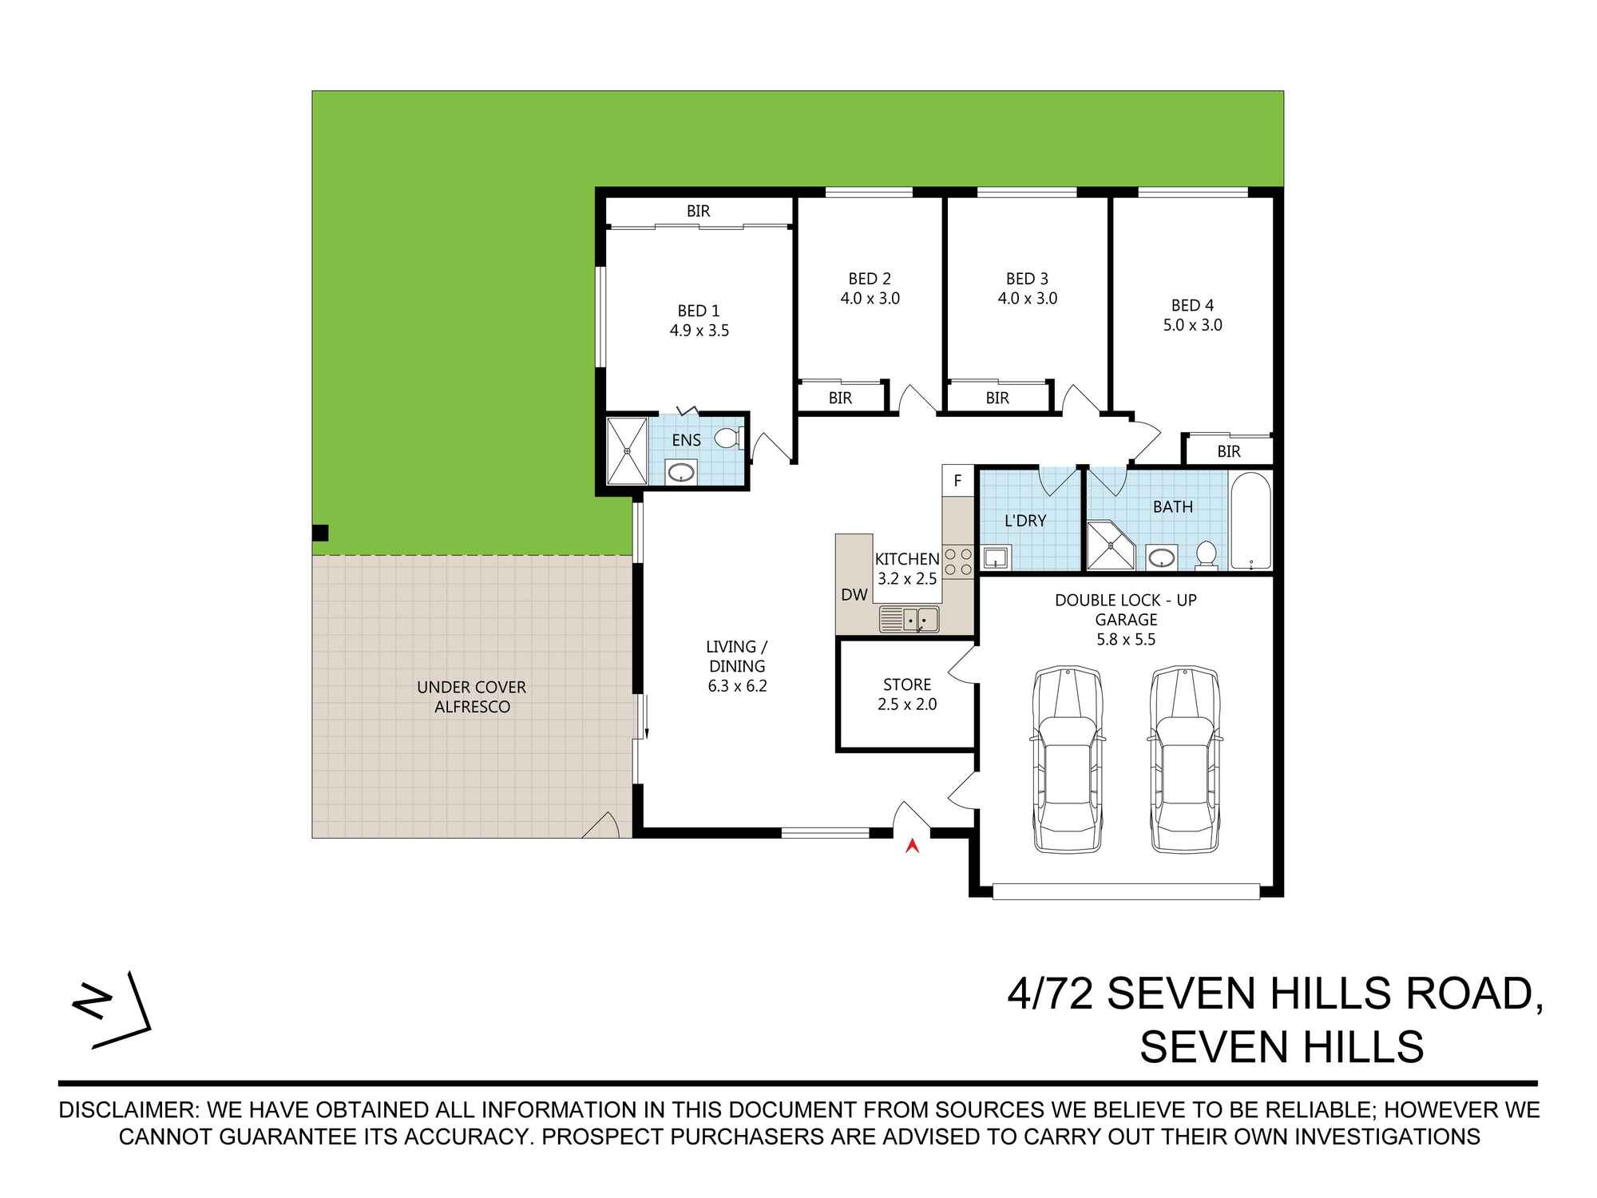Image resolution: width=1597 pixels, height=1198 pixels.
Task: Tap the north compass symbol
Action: [111, 1010]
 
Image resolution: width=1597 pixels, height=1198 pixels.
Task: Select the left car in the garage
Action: [1068, 760]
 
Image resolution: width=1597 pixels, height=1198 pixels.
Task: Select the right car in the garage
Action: [1186, 760]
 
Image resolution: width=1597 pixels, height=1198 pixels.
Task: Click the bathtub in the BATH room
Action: [1250, 521]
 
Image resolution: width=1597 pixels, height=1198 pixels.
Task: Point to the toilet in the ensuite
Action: [728, 438]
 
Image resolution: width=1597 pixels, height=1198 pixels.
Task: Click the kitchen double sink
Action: [910, 619]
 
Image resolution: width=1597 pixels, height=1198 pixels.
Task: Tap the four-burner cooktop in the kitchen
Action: [958, 561]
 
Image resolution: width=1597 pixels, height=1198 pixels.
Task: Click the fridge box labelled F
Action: [957, 481]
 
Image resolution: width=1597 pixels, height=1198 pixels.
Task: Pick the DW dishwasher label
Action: [854, 594]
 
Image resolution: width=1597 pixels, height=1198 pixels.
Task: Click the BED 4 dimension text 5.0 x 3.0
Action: [1192, 325]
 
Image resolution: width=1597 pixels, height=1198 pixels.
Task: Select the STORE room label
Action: [907, 684]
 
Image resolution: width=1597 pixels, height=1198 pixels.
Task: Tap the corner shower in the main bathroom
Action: [1109, 545]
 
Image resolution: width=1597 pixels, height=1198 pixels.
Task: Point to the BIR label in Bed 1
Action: [698, 212]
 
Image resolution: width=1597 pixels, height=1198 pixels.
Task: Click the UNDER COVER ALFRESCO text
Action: [472, 696]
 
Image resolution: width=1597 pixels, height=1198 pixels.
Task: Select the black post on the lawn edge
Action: [319, 533]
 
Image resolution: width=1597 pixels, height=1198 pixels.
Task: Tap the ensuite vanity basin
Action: [680, 472]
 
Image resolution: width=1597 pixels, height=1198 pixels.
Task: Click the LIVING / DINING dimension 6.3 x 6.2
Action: [737, 685]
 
